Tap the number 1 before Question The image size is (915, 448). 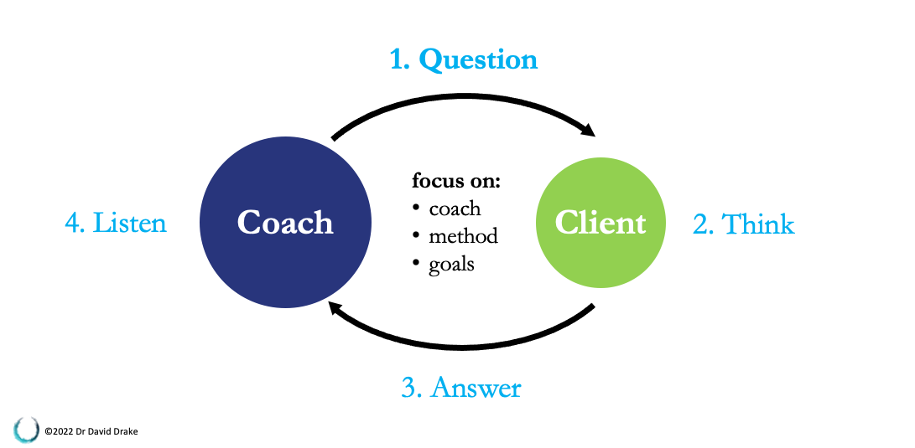398,60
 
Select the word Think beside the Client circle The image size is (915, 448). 757,224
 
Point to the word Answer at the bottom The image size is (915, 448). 475,388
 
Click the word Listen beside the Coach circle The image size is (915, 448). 129,223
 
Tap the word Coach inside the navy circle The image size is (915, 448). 285,223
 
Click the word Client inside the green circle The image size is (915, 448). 600,223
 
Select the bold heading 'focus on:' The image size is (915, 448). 455,181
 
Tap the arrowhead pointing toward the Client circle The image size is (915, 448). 586,129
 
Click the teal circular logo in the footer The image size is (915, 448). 26,430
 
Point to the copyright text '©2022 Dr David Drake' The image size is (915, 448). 91,432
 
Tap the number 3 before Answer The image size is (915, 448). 410,388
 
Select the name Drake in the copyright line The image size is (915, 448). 127,432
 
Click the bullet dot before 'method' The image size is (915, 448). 415,234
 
